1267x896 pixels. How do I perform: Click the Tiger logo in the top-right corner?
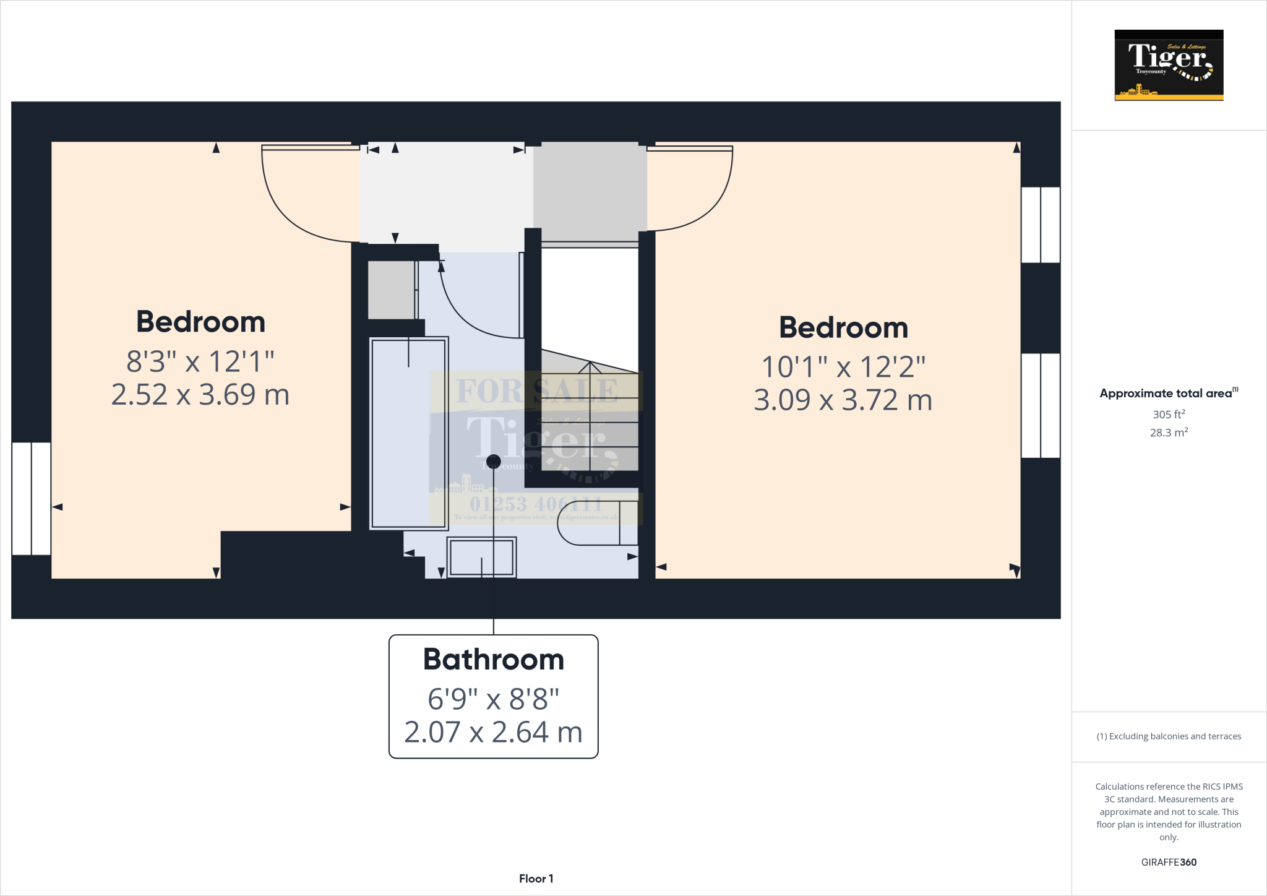(x=1169, y=65)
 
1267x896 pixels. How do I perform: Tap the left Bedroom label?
(x=200, y=322)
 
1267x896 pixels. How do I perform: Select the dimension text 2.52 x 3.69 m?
(x=200, y=395)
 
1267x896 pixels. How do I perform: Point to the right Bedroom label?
(x=843, y=327)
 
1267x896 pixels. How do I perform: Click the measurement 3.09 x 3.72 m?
(x=843, y=400)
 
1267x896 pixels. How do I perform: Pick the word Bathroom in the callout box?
(x=493, y=660)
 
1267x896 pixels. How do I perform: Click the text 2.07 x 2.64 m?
(x=493, y=733)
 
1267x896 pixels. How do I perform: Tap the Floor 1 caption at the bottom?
(x=536, y=879)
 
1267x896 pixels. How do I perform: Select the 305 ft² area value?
(x=1168, y=415)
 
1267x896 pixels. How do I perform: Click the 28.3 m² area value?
(x=1168, y=433)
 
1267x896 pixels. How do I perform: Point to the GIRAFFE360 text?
(x=1169, y=862)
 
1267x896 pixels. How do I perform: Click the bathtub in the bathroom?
(x=408, y=433)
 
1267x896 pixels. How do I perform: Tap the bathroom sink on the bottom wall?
(x=481, y=557)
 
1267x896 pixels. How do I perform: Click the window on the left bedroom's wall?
(x=31, y=498)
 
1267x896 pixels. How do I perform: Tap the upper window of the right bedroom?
(x=1041, y=225)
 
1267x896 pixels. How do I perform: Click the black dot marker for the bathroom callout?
(x=493, y=461)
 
